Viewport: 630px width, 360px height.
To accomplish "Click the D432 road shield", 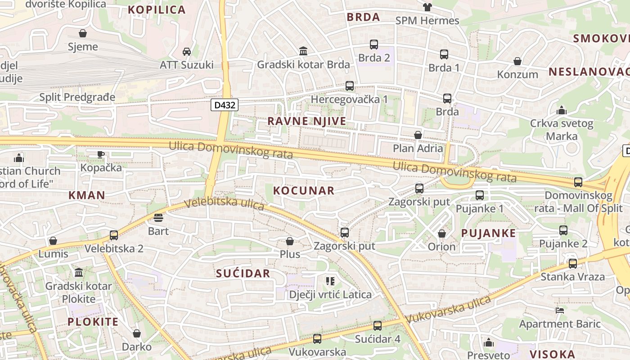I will (224, 105).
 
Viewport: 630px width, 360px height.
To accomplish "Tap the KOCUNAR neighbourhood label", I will (304, 190).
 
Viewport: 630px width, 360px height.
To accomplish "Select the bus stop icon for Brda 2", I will (374, 45).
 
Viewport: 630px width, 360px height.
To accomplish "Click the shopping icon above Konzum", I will (517, 61).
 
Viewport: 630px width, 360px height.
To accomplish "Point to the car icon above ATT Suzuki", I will (187, 52).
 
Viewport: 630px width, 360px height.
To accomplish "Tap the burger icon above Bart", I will (158, 218).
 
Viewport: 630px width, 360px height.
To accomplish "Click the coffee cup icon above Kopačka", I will (101, 154).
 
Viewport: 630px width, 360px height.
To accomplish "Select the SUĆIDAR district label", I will (243, 273).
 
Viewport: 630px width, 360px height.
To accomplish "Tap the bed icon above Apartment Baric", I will (560, 310).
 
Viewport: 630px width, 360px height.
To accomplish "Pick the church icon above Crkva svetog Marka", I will (561, 110).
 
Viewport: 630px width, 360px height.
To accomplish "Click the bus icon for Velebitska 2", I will (114, 235).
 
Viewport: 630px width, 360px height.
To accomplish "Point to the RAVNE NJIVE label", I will (307, 121).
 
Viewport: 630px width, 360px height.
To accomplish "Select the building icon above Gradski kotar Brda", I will (303, 51).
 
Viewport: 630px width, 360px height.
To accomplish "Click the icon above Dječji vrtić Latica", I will (330, 281).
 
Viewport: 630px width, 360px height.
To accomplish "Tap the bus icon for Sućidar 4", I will (378, 325).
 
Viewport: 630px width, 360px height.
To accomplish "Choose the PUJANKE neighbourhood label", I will (488, 233).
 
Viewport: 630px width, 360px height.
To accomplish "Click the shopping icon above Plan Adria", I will (418, 135).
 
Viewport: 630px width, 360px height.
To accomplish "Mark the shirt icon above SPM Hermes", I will (427, 7).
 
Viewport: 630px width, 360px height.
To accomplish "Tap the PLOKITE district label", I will (93, 322).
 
